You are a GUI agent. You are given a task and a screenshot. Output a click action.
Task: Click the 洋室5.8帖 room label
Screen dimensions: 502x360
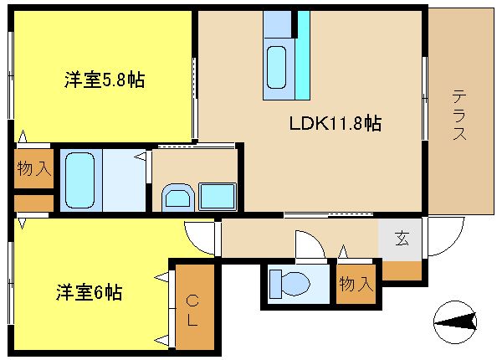tap(105, 80)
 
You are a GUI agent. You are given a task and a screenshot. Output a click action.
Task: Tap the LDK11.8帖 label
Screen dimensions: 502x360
tap(336, 123)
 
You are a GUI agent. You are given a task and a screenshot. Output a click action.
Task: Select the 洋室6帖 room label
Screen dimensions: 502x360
tap(90, 292)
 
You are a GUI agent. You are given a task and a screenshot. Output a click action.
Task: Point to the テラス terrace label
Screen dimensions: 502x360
tap(459, 115)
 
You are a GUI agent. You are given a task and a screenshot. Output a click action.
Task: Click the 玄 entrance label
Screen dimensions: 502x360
tap(402, 239)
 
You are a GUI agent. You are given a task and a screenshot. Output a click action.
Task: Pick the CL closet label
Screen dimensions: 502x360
tap(192, 310)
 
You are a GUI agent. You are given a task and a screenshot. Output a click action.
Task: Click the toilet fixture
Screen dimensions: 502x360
tap(289, 284)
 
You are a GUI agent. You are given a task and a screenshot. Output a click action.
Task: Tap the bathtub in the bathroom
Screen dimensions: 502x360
tap(80, 180)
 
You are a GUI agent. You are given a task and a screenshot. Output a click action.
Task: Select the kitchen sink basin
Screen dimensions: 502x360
tap(276, 67)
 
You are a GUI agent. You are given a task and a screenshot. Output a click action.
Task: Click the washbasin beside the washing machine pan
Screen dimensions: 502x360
tap(178, 198)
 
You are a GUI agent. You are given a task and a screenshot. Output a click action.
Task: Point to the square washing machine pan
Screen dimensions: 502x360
tap(218, 197)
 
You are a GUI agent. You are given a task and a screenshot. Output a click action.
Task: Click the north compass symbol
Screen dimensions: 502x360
tap(454, 321)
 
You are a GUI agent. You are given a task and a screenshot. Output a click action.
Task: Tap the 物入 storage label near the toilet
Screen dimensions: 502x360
tap(356, 284)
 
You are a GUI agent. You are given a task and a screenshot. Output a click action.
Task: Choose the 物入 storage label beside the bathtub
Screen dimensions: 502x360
tap(34, 168)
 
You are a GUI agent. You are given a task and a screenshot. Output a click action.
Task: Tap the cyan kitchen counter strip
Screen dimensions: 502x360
tap(303, 55)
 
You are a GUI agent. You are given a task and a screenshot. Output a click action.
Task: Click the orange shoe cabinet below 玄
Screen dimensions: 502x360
tap(402, 270)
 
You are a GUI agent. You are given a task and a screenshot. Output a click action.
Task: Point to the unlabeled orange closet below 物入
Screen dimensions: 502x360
tap(33, 203)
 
